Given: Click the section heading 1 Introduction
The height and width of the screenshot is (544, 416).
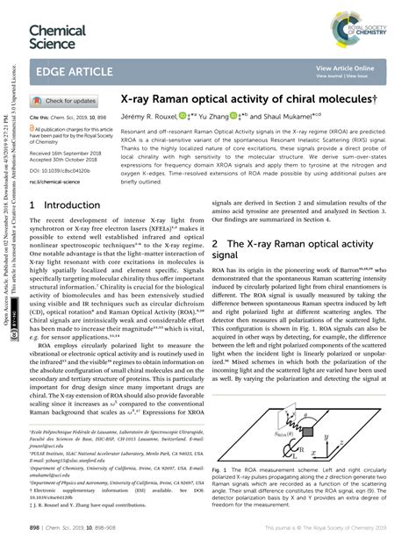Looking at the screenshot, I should pyautogui.click(x=64, y=204).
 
